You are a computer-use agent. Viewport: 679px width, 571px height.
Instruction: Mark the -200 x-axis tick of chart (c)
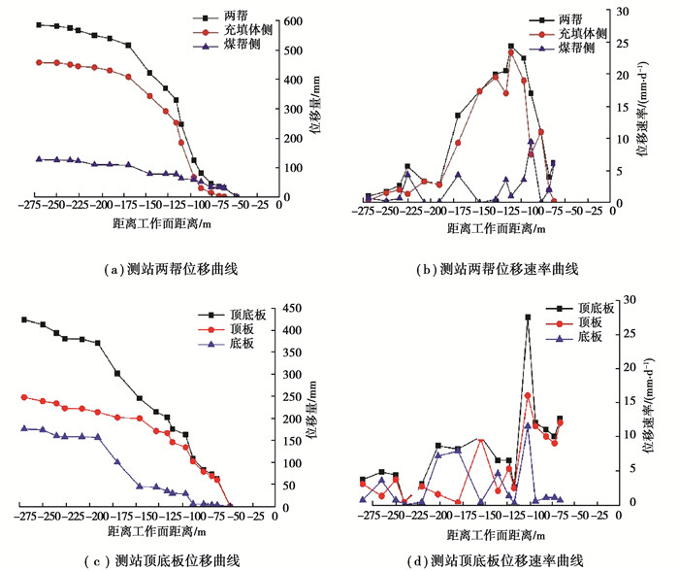point(97,516)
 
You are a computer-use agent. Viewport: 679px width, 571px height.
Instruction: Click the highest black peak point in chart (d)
point(528,318)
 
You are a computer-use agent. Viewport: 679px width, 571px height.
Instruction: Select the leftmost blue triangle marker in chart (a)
point(38,158)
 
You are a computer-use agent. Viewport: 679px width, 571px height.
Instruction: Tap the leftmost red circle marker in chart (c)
point(24,397)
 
